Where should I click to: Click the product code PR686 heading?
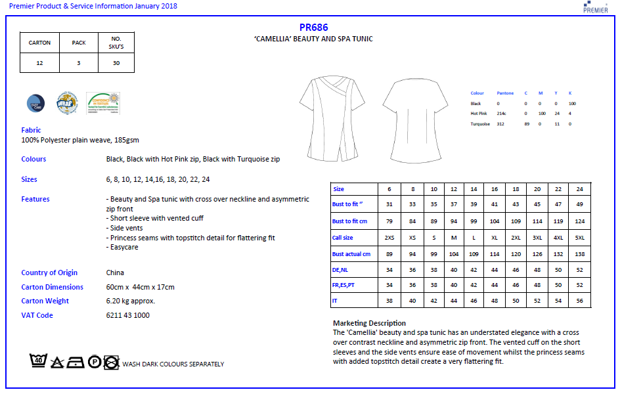click(x=313, y=28)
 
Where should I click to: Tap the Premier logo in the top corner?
click(x=596, y=7)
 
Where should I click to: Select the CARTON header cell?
click(x=39, y=43)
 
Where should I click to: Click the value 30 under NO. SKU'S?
click(x=116, y=63)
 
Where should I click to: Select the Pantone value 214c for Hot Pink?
click(x=502, y=114)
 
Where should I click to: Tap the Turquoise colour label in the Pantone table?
click(x=480, y=124)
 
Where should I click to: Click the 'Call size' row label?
click(x=342, y=238)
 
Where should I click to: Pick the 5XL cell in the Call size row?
click(x=579, y=238)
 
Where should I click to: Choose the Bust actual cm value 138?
click(x=579, y=254)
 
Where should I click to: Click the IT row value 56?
click(x=579, y=300)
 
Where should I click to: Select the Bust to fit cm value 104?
click(x=495, y=221)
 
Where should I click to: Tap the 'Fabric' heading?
click(x=31, y=130)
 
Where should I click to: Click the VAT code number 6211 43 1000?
click(x=128, y=315)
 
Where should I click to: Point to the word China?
click(x=115, y=273)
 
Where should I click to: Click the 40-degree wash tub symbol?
click(x=37, y=361)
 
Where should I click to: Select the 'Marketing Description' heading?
click(x=369, y=323)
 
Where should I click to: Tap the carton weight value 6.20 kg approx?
click(x=131, y=301)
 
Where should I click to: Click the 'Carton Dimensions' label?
click(x=52, y=287)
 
